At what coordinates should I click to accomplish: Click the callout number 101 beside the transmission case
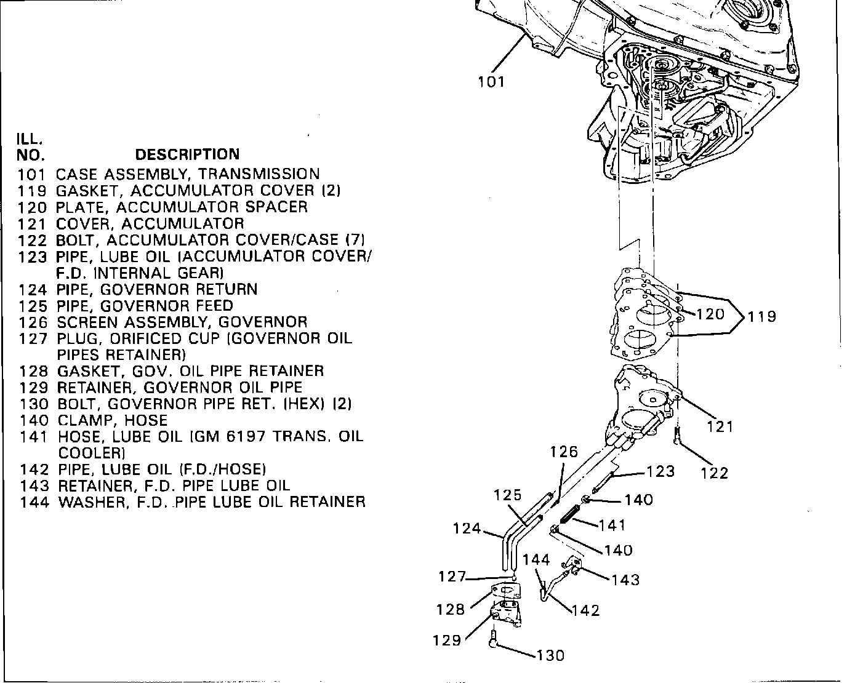tap(491, 82)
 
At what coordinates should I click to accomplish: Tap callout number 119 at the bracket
tap(761, 316)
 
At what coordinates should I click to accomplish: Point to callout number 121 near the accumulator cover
tap(720, 426)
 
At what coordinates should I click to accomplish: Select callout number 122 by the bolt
tap(715, 473)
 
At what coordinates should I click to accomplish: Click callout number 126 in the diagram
tap(564, 452)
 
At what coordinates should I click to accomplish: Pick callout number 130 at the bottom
tap(550, 655)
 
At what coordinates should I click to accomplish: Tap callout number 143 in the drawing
tap(625, 580)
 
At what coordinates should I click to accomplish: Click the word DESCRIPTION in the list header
tap(187, 154)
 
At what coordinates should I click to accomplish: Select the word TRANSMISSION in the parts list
tap(259, 174)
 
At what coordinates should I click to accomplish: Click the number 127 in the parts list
tap(33, 339)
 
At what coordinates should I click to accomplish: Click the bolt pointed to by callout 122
tap(677, 436)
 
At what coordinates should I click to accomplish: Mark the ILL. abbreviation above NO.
tap(29, 138)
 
